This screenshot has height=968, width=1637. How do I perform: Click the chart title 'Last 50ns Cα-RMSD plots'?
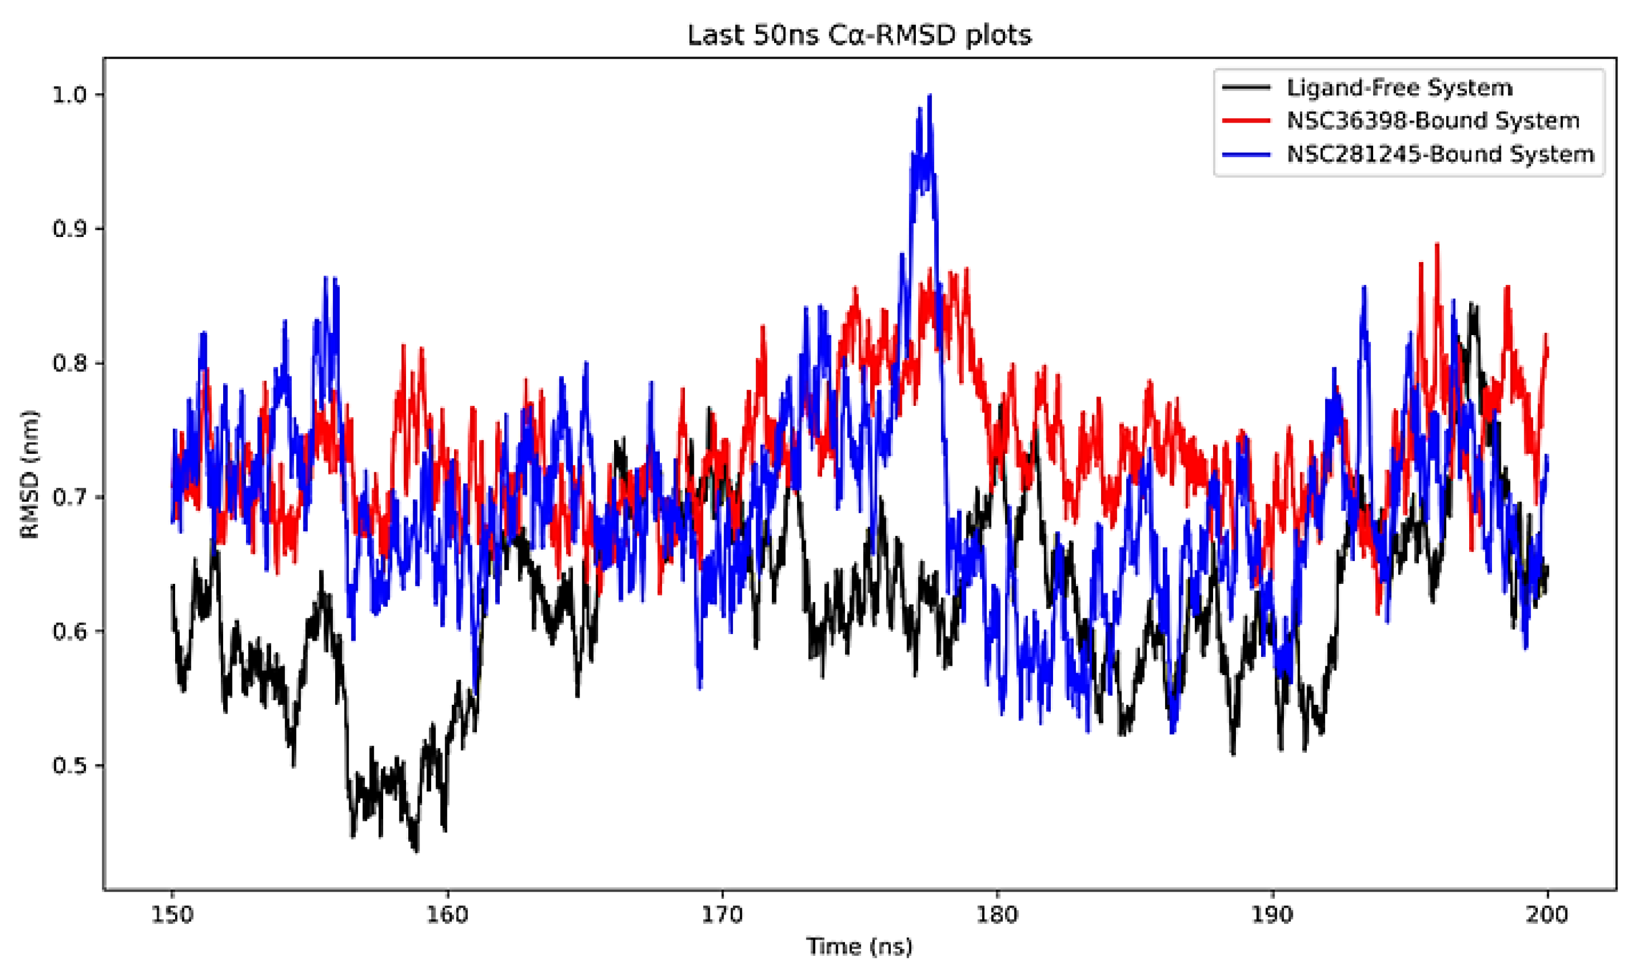[859, 35]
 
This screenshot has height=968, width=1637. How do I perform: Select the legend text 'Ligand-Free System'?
[1399, 88]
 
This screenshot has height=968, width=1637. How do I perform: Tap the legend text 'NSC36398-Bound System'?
[1433, 120]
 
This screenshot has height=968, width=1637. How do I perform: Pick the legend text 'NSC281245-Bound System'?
[1441, 154]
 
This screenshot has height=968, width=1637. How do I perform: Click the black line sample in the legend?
[1246, 88]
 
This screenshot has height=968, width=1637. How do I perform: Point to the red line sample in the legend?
[1246, 120]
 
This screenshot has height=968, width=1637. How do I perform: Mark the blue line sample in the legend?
[1246, 154]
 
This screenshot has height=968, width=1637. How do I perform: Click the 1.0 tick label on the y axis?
[69, 95]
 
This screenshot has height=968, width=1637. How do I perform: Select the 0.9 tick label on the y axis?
[69, 229]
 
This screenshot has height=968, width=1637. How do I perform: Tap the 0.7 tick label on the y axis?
[69, 498]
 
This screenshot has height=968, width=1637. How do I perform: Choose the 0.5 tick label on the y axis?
[69, 766]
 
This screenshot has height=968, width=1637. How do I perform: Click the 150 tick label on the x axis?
[172, 915]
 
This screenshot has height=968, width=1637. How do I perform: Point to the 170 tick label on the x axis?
[722, 915]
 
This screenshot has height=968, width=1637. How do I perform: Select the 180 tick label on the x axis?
[997, 915]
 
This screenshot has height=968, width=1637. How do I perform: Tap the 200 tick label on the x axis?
[1547, 915]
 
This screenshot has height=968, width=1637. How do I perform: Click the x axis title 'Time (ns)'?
[859, 946]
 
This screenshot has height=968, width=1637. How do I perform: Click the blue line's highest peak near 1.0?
[929, 96]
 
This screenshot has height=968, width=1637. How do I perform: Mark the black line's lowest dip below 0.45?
[416, 850]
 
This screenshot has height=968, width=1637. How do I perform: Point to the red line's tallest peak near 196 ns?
[1437, 245]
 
